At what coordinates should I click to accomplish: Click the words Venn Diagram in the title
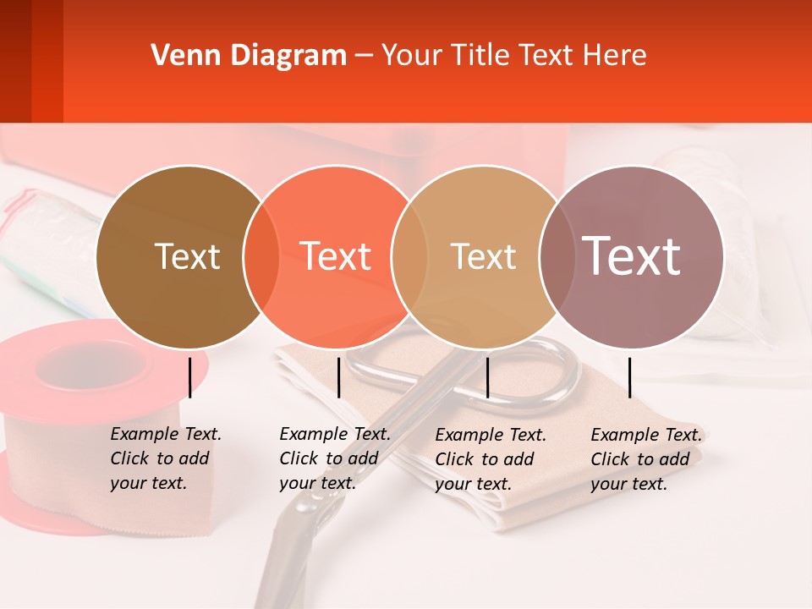point(249,56)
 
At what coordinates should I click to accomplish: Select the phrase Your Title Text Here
point(513,56)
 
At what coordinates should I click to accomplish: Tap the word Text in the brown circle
point(187,256)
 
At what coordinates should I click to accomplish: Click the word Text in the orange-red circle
point(336,256)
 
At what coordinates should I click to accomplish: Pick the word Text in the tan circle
point(483,256)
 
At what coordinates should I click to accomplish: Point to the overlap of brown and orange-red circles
point(261,257)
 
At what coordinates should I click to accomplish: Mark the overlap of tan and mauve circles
point(555,257)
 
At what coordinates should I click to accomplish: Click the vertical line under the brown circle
point(190,377)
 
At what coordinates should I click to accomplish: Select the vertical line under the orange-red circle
point(338,377)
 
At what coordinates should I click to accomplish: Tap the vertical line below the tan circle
point(487,377)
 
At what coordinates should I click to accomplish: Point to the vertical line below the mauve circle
point(629,377)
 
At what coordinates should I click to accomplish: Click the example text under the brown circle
point(166,458)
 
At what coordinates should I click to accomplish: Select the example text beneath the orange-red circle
point(335,458)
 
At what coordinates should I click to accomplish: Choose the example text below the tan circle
point(491,459)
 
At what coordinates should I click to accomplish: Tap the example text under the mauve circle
point(646,459)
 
